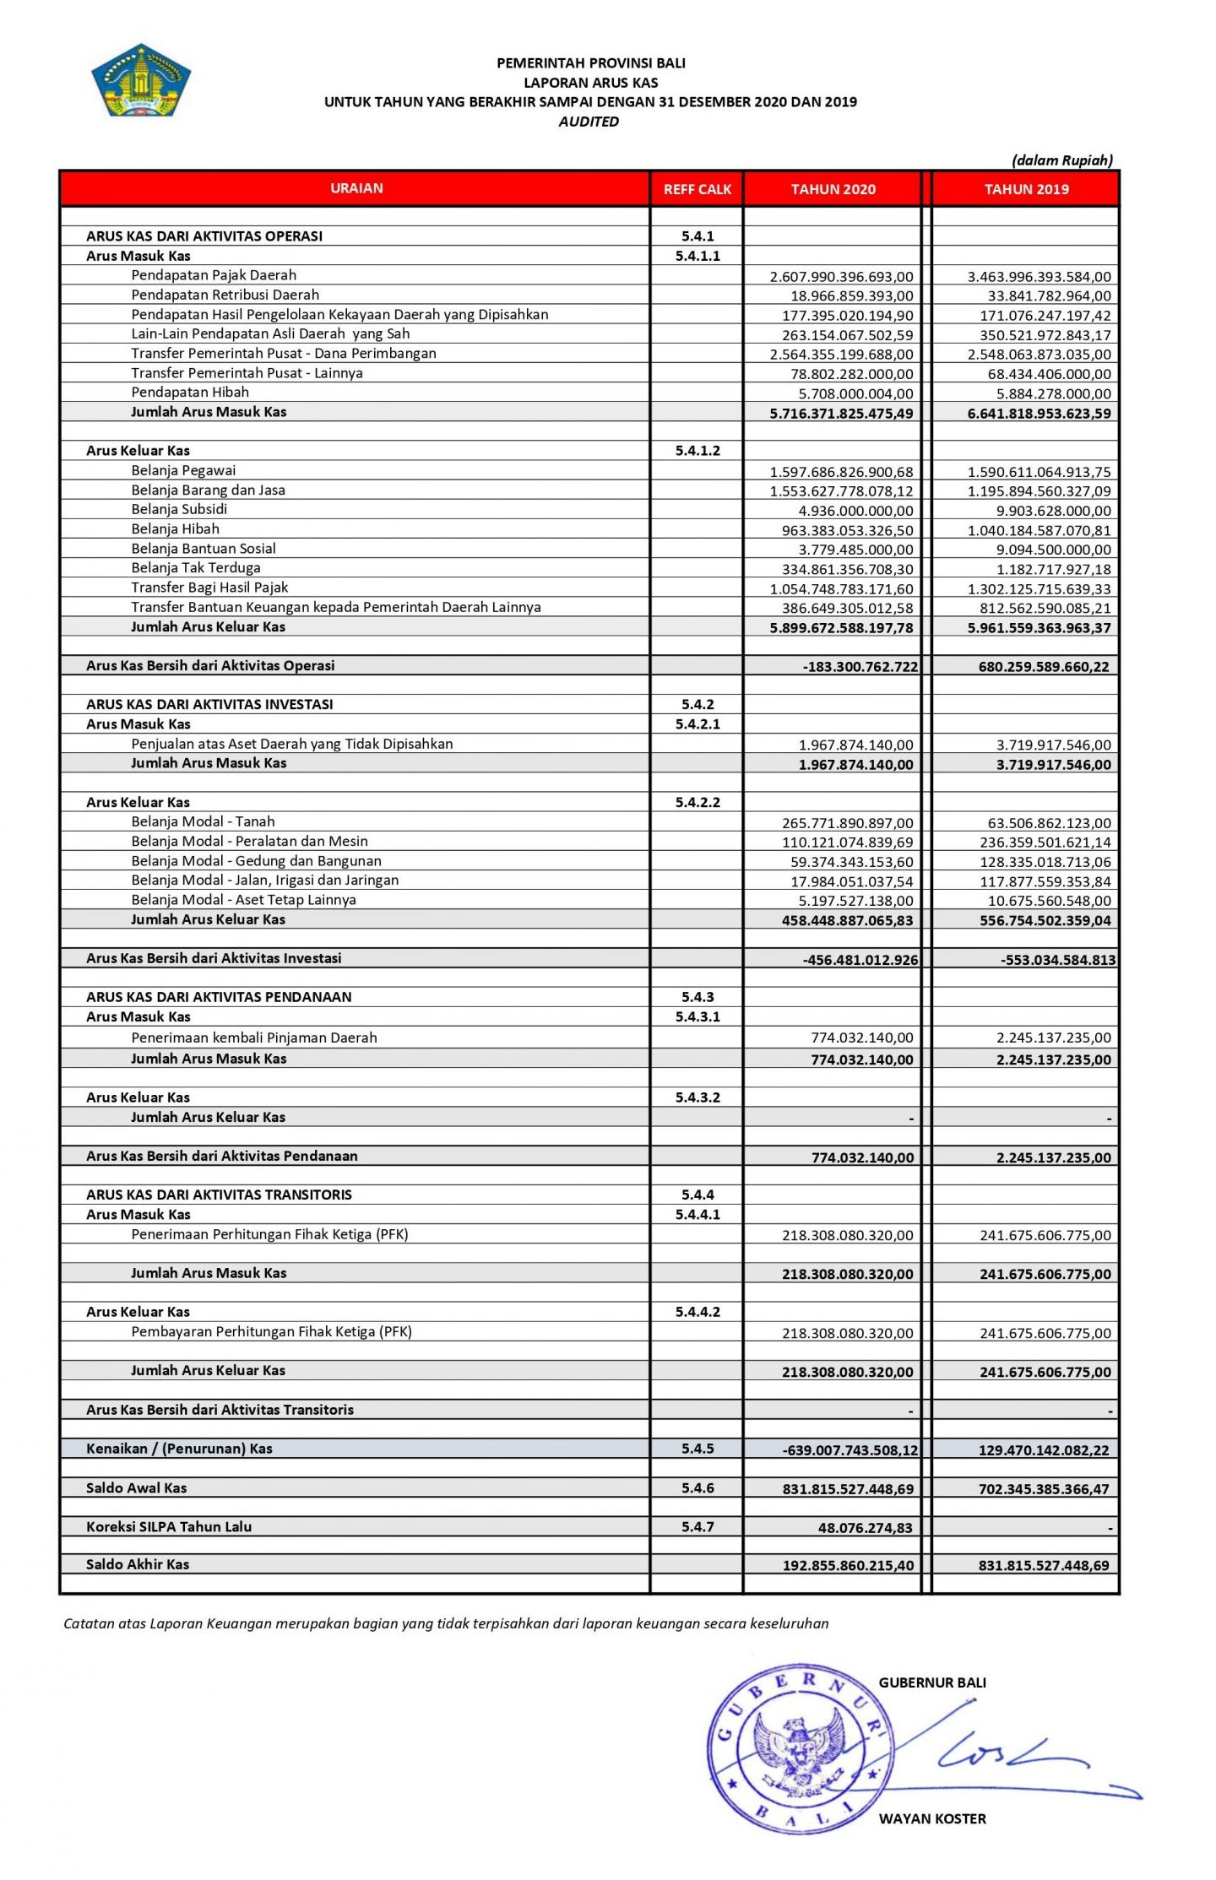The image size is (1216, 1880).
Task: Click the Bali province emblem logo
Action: (141, 79)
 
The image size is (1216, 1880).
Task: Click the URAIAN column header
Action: (356, 188)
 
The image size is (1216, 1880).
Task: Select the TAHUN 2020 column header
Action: (833, 189)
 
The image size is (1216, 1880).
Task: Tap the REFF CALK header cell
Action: (697, 189)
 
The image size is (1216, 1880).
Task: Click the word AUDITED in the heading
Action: (589, 122)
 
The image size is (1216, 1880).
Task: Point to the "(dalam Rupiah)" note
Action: (1061, 160)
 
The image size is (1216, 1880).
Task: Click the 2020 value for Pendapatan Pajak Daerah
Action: (841, 277)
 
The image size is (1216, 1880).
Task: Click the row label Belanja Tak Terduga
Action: (196, 568)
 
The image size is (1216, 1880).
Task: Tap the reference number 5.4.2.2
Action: (698, 802)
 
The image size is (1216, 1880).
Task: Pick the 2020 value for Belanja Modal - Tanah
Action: (847, 823)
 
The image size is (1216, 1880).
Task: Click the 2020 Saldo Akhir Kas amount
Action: (847, 1565)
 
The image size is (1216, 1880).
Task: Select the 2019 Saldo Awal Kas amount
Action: (1044, 1489)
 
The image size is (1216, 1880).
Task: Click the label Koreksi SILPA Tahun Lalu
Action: (169, 1526)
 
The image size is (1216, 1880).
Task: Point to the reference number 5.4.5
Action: (698, 1449)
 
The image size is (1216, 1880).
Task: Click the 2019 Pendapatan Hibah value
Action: (1050, 394)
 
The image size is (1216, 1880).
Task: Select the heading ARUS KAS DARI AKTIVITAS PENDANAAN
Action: (219, 997)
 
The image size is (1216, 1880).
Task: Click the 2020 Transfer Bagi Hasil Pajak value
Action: (841, 589)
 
